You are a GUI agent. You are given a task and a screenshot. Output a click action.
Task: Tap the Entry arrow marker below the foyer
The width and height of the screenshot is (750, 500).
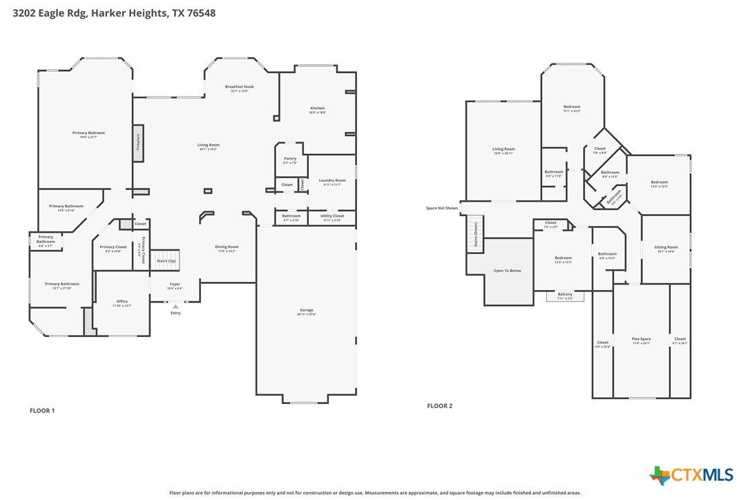[x=175, y=306]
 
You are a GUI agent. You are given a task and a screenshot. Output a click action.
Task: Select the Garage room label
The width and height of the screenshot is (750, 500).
[x=307, y=310]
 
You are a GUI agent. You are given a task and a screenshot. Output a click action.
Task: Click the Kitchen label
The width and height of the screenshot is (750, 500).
[x=317, y=108]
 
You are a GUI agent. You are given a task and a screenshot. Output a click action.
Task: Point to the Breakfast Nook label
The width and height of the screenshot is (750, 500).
[x=240, y=87]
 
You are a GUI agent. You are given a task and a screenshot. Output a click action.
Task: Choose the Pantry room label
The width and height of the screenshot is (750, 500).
[x=290, y=159]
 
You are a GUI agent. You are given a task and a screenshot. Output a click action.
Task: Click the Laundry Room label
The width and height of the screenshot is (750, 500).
[x=332, y=181]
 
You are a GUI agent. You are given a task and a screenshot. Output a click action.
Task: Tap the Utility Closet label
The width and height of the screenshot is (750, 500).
[x=332, y=215]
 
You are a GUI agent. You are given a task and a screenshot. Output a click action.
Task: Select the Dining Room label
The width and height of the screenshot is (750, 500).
[x=227, y=247]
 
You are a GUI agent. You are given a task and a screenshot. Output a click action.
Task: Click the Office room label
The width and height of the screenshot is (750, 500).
[x=122, y=301]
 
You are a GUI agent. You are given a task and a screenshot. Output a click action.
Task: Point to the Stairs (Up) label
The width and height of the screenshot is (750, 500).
[x=166, y=261]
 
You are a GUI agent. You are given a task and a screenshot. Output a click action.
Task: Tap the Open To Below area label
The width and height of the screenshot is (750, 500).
[x=507, y=271]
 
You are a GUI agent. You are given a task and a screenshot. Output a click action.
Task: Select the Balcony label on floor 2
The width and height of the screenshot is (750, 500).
[x=565, y=295]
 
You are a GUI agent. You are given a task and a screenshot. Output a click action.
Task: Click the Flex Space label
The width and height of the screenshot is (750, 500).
[x=642, y=339]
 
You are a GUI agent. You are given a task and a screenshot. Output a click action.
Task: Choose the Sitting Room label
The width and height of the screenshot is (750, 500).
[x=666, y=247]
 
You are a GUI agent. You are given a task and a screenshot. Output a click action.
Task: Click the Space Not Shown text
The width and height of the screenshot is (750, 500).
[x=442, y=208]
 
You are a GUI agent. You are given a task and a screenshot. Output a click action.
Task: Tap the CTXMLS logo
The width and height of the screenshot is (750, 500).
[x=691, y=475]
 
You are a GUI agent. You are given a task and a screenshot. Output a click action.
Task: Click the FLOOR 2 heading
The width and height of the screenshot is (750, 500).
[x=440, y=406]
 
